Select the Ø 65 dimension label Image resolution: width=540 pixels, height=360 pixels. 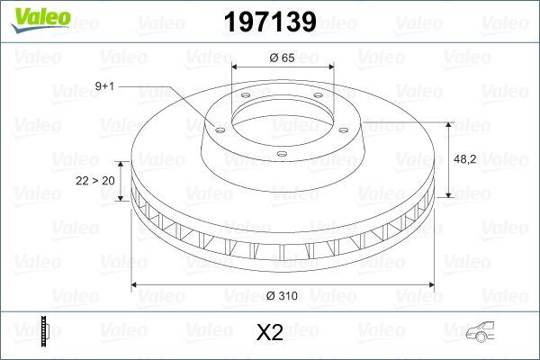point(282,58)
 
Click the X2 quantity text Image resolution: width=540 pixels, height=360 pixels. point(270,332)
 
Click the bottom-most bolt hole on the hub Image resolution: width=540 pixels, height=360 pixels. point(282,155)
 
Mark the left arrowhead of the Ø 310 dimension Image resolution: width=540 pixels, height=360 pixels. point(137,286)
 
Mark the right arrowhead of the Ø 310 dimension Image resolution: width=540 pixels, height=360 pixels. point(429,286)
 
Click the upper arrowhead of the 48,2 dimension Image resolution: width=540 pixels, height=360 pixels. point(447,124)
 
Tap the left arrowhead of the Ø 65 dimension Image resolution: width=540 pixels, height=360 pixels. point(236,66)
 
